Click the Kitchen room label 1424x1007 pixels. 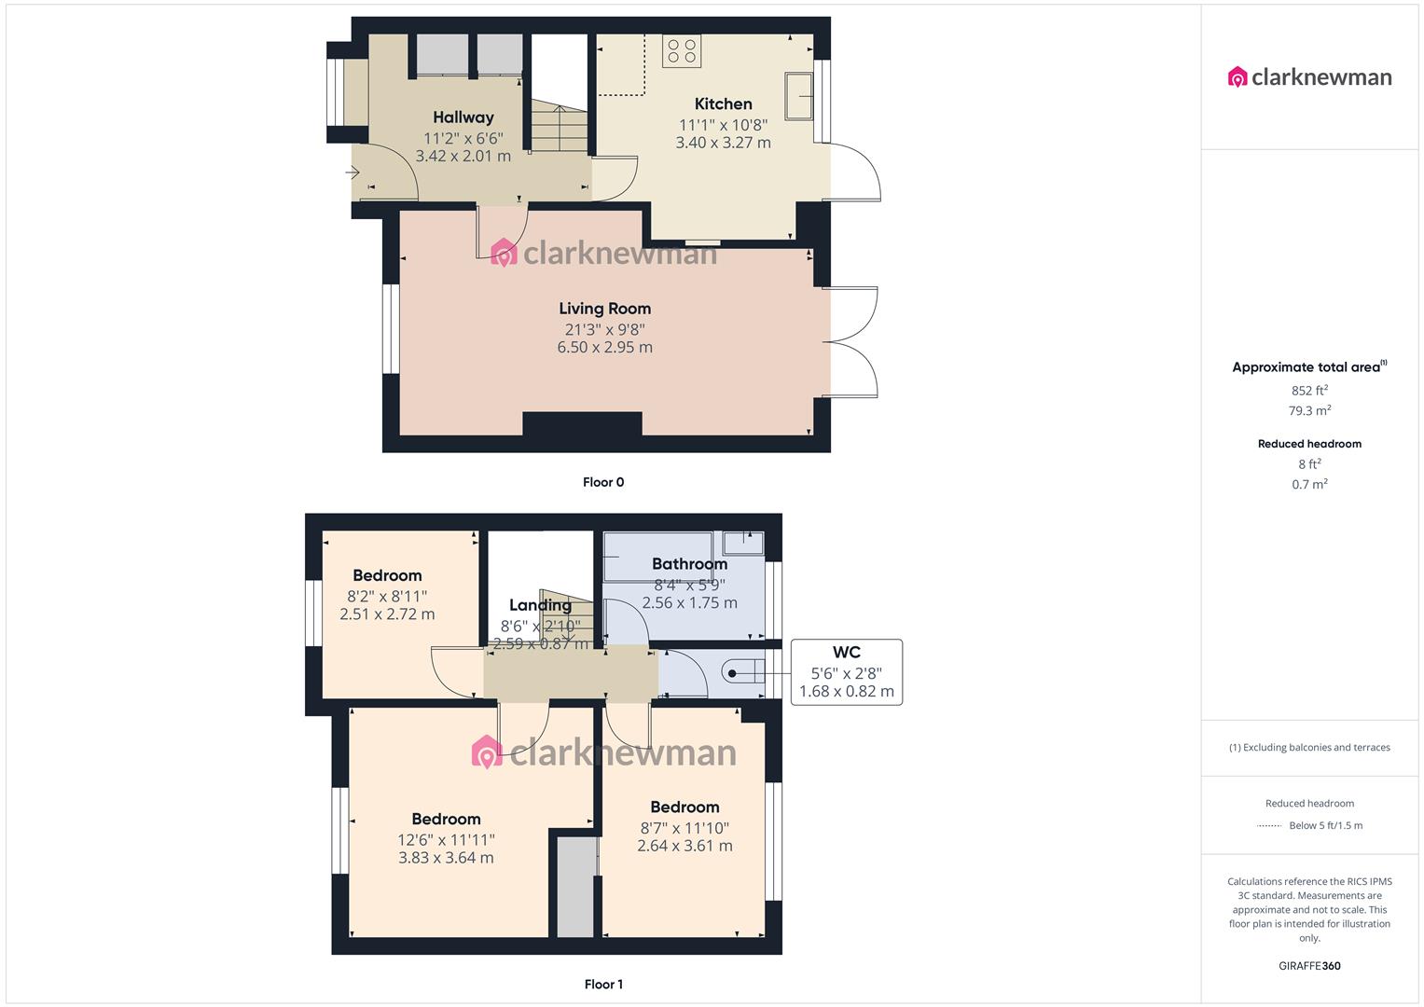coord(723,103)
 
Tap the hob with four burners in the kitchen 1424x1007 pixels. coord(682,50)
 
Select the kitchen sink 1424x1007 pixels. coord(798,96)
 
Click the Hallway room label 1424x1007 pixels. coord(463,117)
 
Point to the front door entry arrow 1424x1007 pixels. coord(353,172)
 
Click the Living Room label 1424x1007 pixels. coord(604,309)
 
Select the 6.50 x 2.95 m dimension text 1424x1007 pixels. coord(604,348)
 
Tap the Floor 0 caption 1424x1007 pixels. coord(603,482)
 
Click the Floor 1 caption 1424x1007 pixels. coord(603,984)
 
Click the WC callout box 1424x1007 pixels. coord(846,671)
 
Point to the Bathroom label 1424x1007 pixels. coord(689,564)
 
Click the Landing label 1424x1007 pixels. coord(540,606)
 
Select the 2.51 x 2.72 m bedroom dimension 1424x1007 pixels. coord(387,614)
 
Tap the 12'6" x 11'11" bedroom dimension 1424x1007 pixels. coord(446,839)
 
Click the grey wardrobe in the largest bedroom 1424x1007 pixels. coord(575,887)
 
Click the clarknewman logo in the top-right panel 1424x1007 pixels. coord(1309,77)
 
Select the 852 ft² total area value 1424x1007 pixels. coord(1309,391)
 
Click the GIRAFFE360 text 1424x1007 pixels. coord(1309,966)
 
